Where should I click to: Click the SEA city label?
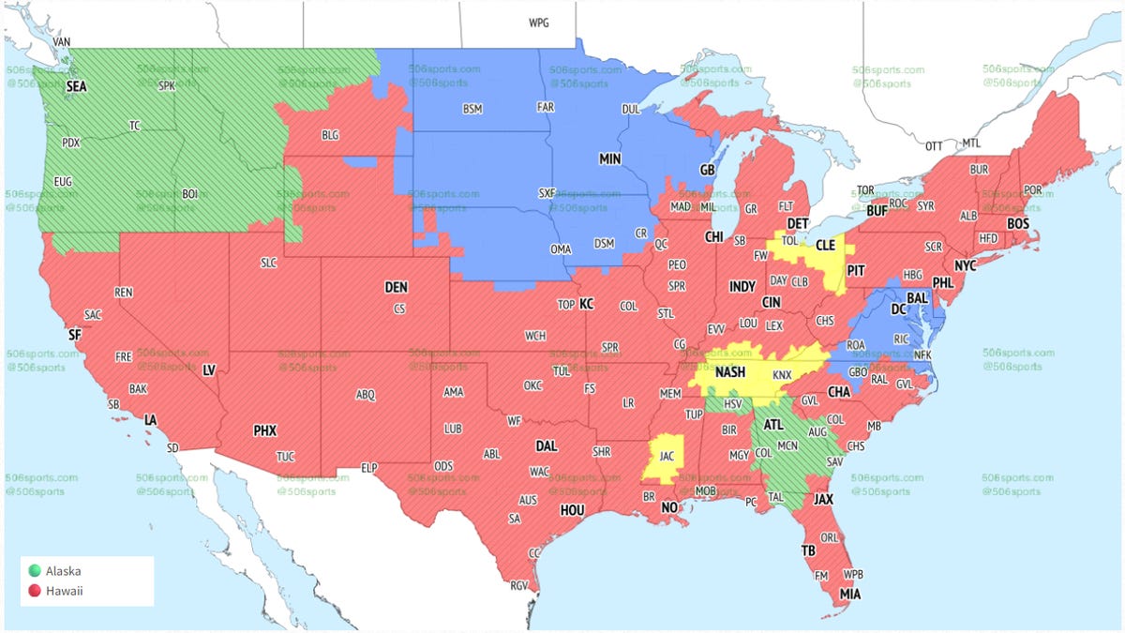(77, 85)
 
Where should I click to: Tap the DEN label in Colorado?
(396, 287)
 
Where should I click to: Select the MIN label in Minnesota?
(610, 160)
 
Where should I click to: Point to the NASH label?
(730, 372)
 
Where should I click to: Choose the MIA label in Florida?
(850, 594)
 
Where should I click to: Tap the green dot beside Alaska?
(35, 570)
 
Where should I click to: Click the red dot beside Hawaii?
(35, 591)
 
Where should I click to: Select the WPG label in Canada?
(539, 23)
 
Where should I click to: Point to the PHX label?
(265, 431)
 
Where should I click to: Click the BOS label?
(1017, 224)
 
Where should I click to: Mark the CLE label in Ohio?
(825, 244)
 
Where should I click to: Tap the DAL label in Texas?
(547, 446)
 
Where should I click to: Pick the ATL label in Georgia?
(773, 425)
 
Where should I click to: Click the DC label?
(898, 309)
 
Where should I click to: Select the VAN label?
(63, 42)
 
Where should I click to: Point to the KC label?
(587, 304)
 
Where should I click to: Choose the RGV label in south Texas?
(518, 586)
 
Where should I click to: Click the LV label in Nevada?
(210, 370)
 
